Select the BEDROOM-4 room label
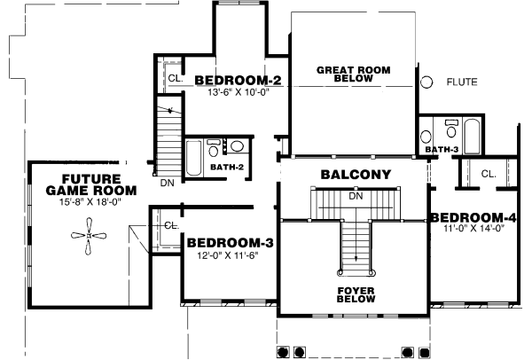[x=474, y=217]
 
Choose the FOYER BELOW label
[x=356, y=294]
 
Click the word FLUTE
[x=461, y=82]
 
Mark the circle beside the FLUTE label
[x=426, y=82]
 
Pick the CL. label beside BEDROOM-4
[x=489, y=174]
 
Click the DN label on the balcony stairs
[x=355, y=196]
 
